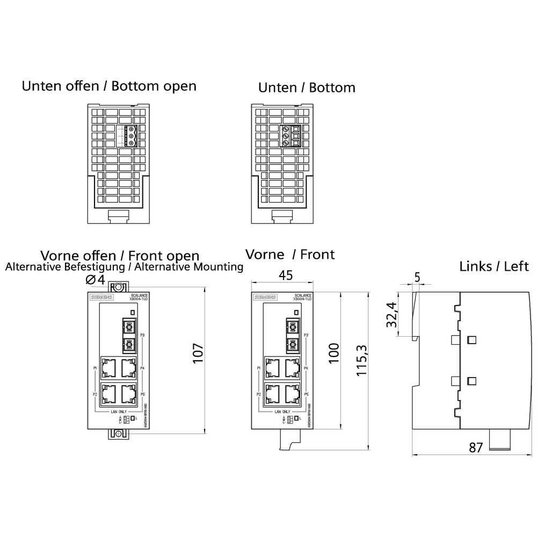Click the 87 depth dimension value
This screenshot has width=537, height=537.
[x=476, y=447]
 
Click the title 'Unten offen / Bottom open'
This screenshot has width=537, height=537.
[x=109, y=86]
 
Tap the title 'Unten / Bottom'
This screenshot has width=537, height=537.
[x=307, y=87]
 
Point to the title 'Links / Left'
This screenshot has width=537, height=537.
[x=494, y=266]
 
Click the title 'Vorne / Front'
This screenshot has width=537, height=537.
[x=289, y=254]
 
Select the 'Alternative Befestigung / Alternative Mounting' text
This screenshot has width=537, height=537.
[x=124, y=267]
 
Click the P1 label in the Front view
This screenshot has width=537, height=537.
[x=259, y=368]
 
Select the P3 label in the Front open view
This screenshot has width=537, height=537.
[x=142, y=336]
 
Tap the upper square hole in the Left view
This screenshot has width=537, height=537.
[x=472, y=339]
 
